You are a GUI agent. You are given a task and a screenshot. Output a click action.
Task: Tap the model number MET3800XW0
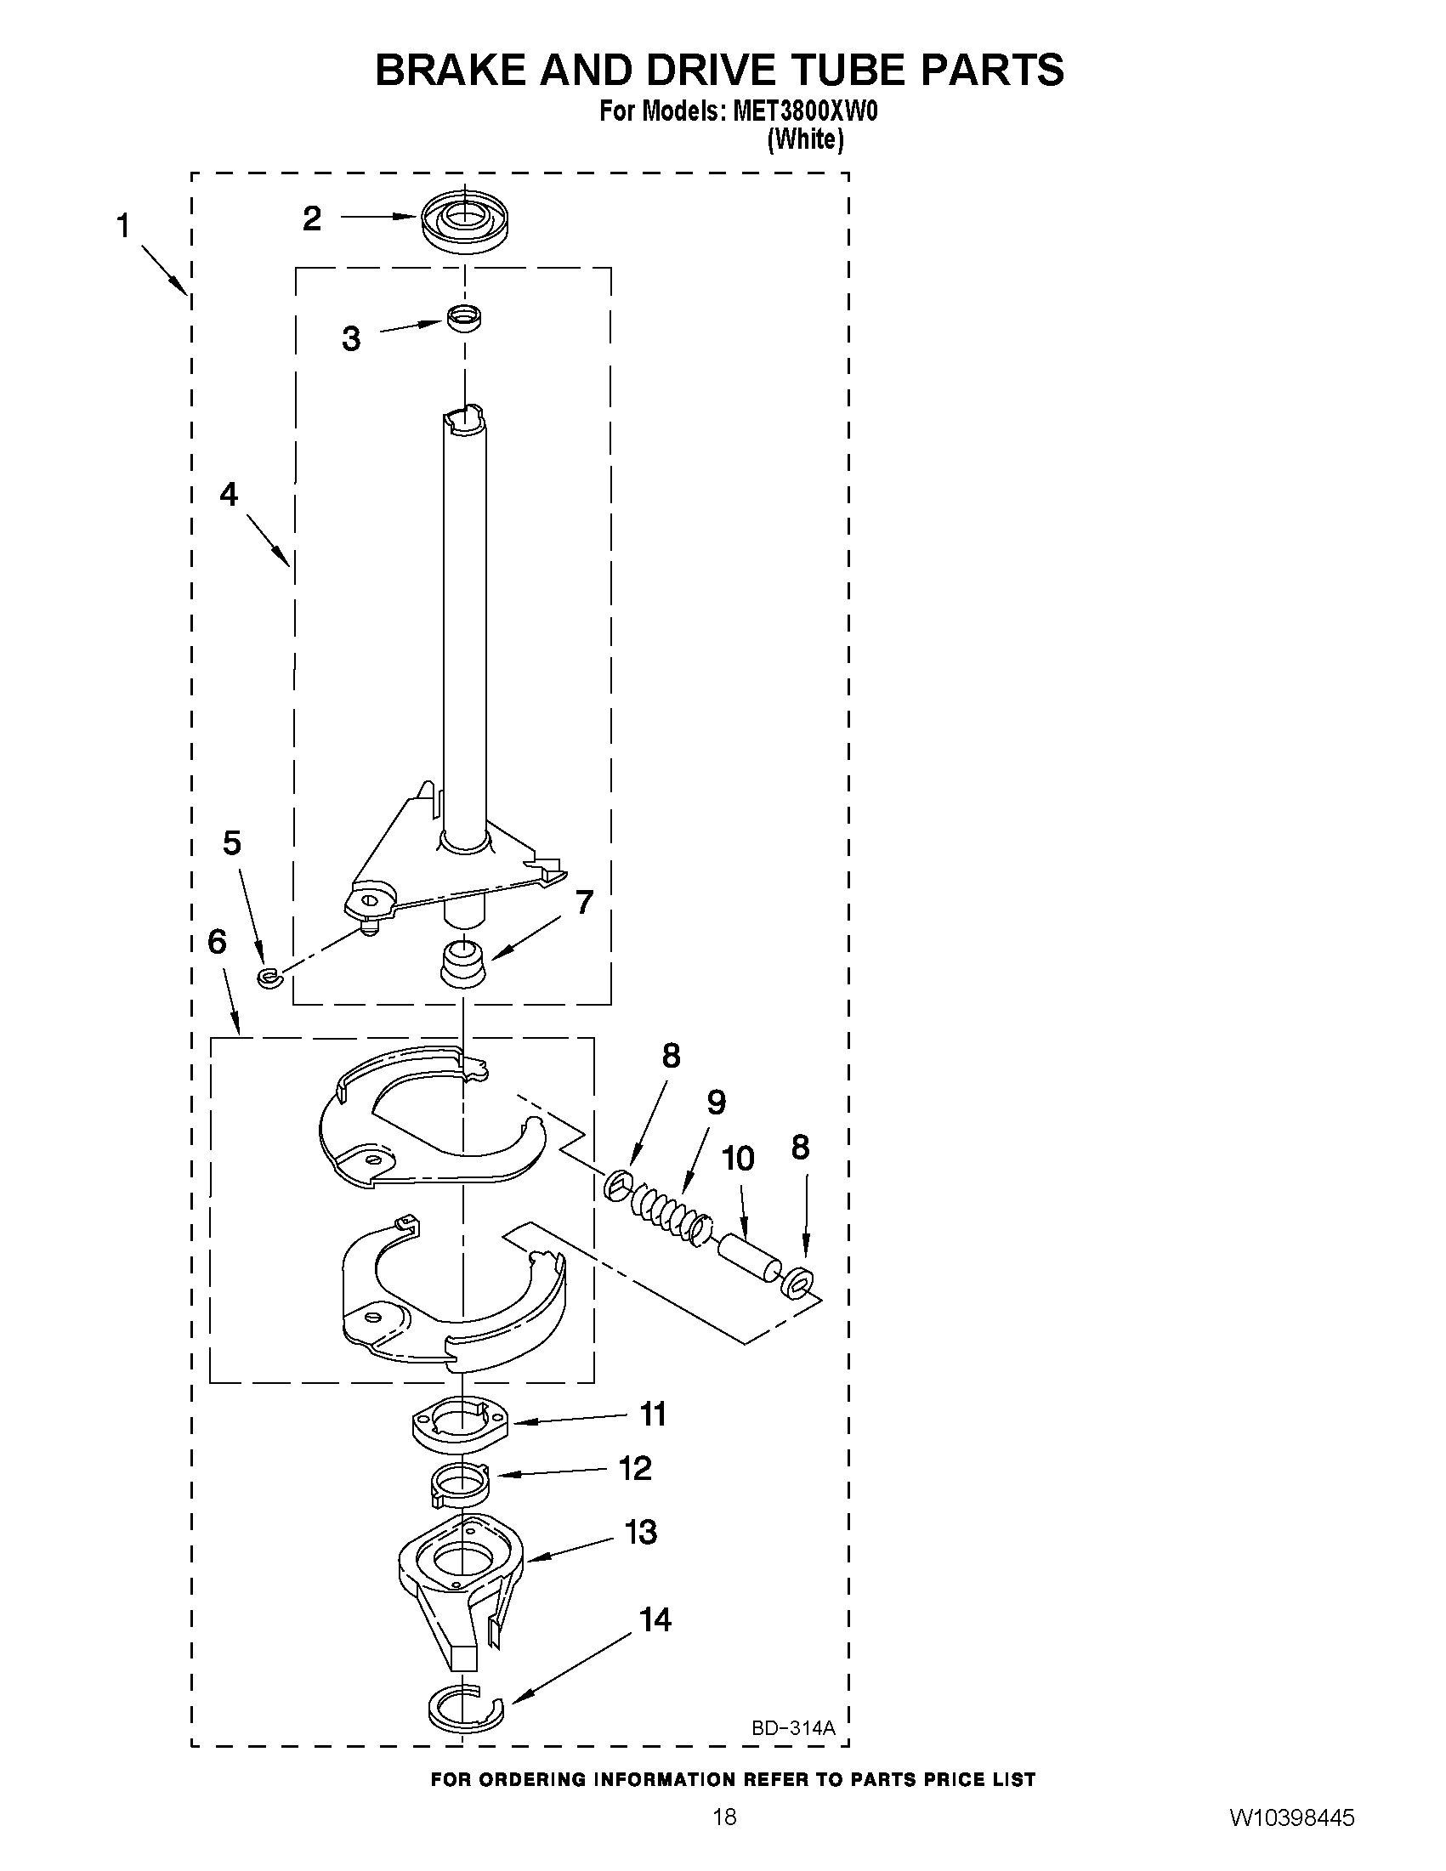click(804, 112)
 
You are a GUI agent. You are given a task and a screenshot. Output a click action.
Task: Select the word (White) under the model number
click(805, 139)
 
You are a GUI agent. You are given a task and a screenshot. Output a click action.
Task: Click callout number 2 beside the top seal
click(312, 219)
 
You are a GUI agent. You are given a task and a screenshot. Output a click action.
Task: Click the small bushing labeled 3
click(463, 317)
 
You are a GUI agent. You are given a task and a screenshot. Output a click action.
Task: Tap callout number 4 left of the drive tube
click(229, 494)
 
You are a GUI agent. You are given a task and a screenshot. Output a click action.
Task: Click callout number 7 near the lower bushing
click(583, 902)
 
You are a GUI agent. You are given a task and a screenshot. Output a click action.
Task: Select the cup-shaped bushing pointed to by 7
click(463, 964)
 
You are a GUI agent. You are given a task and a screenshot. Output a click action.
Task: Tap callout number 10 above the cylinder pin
click(739, 1160)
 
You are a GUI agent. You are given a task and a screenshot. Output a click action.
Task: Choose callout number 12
click(635, 1468)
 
